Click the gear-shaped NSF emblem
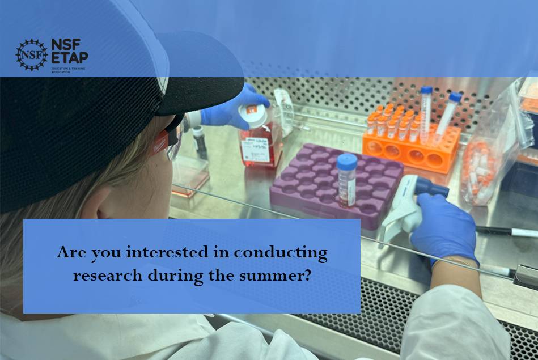(31, 54)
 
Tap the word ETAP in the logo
(69, 57)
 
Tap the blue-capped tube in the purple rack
(346, 179)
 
